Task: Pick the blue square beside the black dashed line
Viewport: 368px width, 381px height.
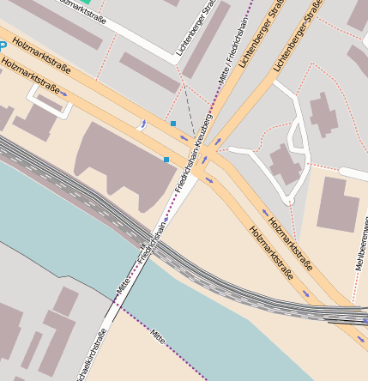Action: (x=173, y=124)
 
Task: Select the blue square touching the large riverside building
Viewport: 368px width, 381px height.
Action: (x=166, y=160)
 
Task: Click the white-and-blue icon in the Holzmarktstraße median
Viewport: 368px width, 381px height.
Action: (x=143, y=126)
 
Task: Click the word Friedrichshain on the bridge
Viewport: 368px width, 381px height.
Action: (x=148, y=245)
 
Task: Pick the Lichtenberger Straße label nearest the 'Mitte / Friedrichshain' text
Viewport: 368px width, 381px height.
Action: (x=194, y=34)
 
